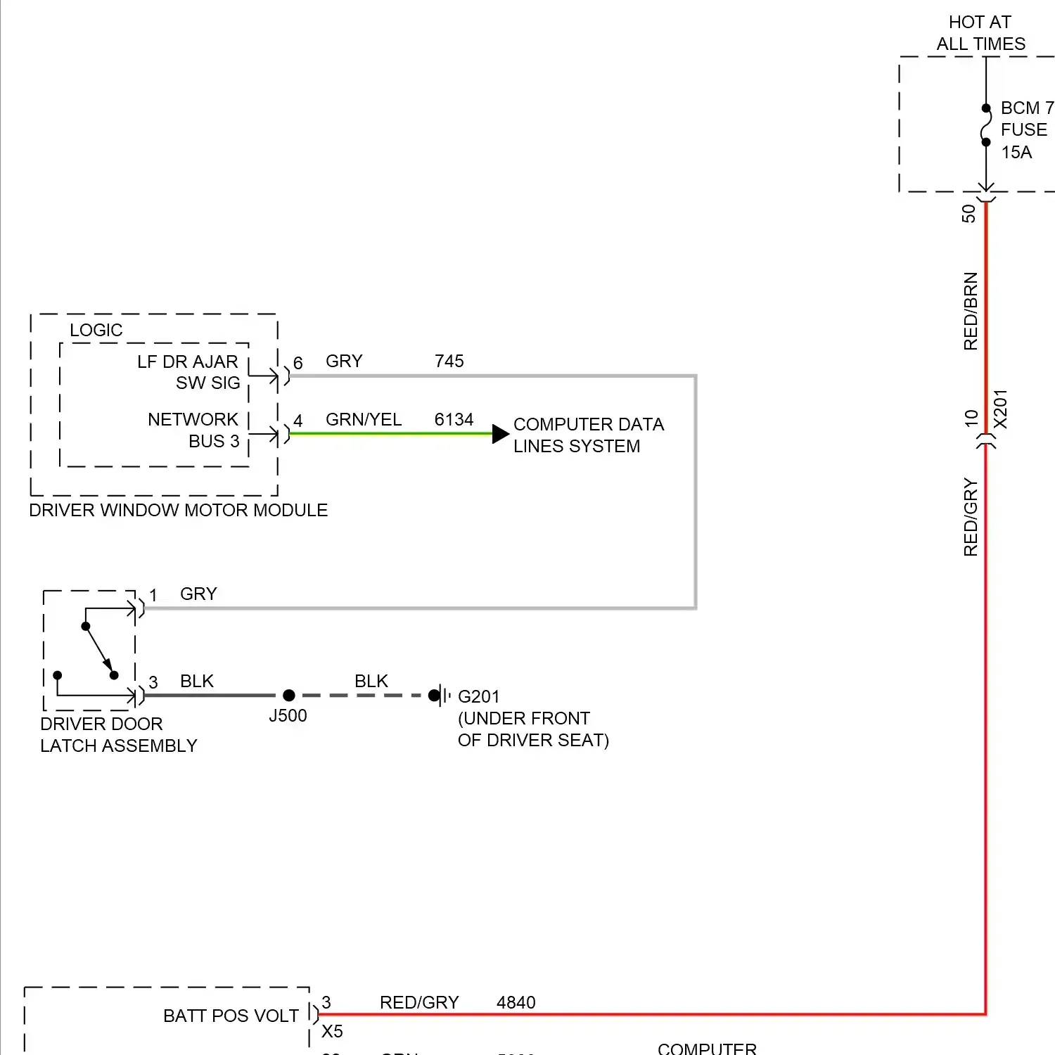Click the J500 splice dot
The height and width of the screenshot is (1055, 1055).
pyautogui.click(x=288, y=696)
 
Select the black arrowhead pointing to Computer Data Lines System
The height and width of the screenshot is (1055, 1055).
pyautogui.click(x=500, y=433)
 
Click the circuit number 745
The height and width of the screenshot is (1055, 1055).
pyautogui.click(x=449, y=362)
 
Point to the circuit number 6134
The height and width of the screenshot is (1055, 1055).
pyautogui.click(x=454, y=420)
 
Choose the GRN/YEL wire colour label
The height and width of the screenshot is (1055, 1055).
pyautogui.click(x=364, y=420)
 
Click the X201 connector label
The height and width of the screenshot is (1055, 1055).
pyautogui.click(x=1000, y=409)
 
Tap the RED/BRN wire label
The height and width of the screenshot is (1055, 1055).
pyautogui.click(x=971, y=311)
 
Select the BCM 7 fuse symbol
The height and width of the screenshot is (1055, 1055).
pyautogui.click(x=986, y=125)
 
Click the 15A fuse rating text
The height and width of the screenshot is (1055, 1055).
pyautogui.click(x=1016, y=153)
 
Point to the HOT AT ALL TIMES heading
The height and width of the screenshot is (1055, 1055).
pyautogui.click(x=980, y=33)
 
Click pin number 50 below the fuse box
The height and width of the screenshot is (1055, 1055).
pyautogui.click(x=969, y=213)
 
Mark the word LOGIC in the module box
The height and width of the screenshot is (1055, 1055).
pyautogui.click(x=96, y=331)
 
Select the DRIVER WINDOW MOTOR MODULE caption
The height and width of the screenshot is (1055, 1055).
pyautogui.click(x=179, y=511)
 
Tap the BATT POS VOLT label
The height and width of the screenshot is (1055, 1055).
pyautogui.click(x=231, y=1016)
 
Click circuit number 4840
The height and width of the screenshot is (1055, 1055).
pyautogui.click(x=516, y=1003)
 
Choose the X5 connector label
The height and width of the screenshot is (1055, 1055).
pyautogui.click(x=332, y=1032)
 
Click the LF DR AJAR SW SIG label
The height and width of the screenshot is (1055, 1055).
pyautogui.click(x=188, y=372)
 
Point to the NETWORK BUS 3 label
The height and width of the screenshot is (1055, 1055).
pyautogui.click(x=193, y=430)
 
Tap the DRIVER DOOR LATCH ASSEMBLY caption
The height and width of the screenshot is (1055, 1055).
pyautogui.click(x=118, y=735)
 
